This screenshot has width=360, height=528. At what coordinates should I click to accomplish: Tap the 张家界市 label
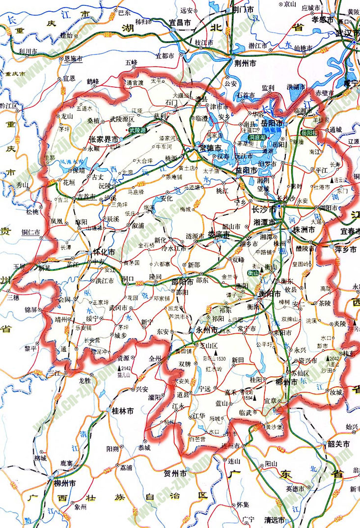pyautogui.click(x=103, y=139)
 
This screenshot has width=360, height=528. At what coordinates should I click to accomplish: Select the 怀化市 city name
pyautogui.click(x=104, y=252)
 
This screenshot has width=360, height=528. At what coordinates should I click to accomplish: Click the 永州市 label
pyautogui.click(x=206, y=330)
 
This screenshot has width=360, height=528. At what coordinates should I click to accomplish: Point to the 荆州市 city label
pyautogui.click(x=245, y=64)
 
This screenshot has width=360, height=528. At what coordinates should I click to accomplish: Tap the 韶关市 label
pyautogui.click(x=339, y=445)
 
